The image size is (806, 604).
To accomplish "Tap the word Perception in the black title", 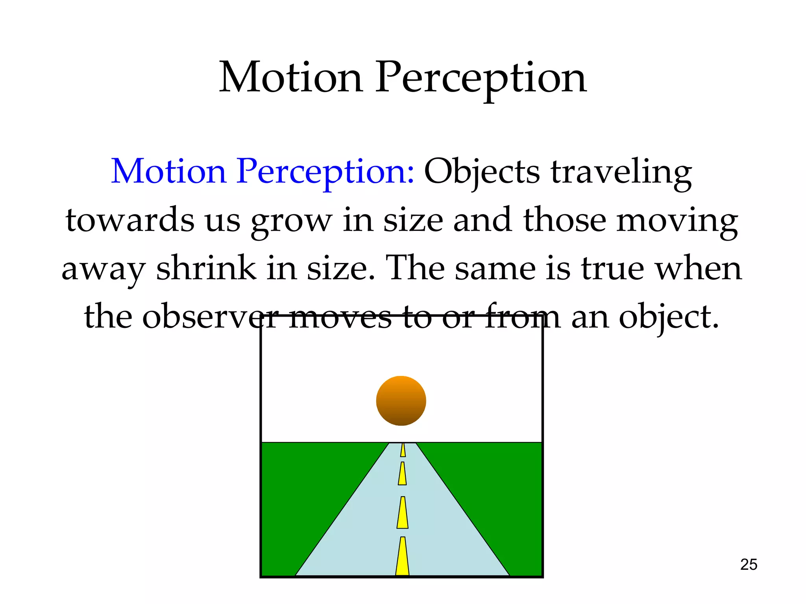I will coord(481,79).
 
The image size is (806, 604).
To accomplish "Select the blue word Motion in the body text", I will coord(168,171).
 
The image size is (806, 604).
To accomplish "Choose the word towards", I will coord(130,220).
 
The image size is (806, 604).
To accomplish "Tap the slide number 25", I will coord(749,565).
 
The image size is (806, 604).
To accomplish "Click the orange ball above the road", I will coord(401,401).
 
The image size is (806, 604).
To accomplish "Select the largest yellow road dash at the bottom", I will coord(402,557).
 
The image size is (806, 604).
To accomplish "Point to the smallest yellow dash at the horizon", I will coord(403,450).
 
